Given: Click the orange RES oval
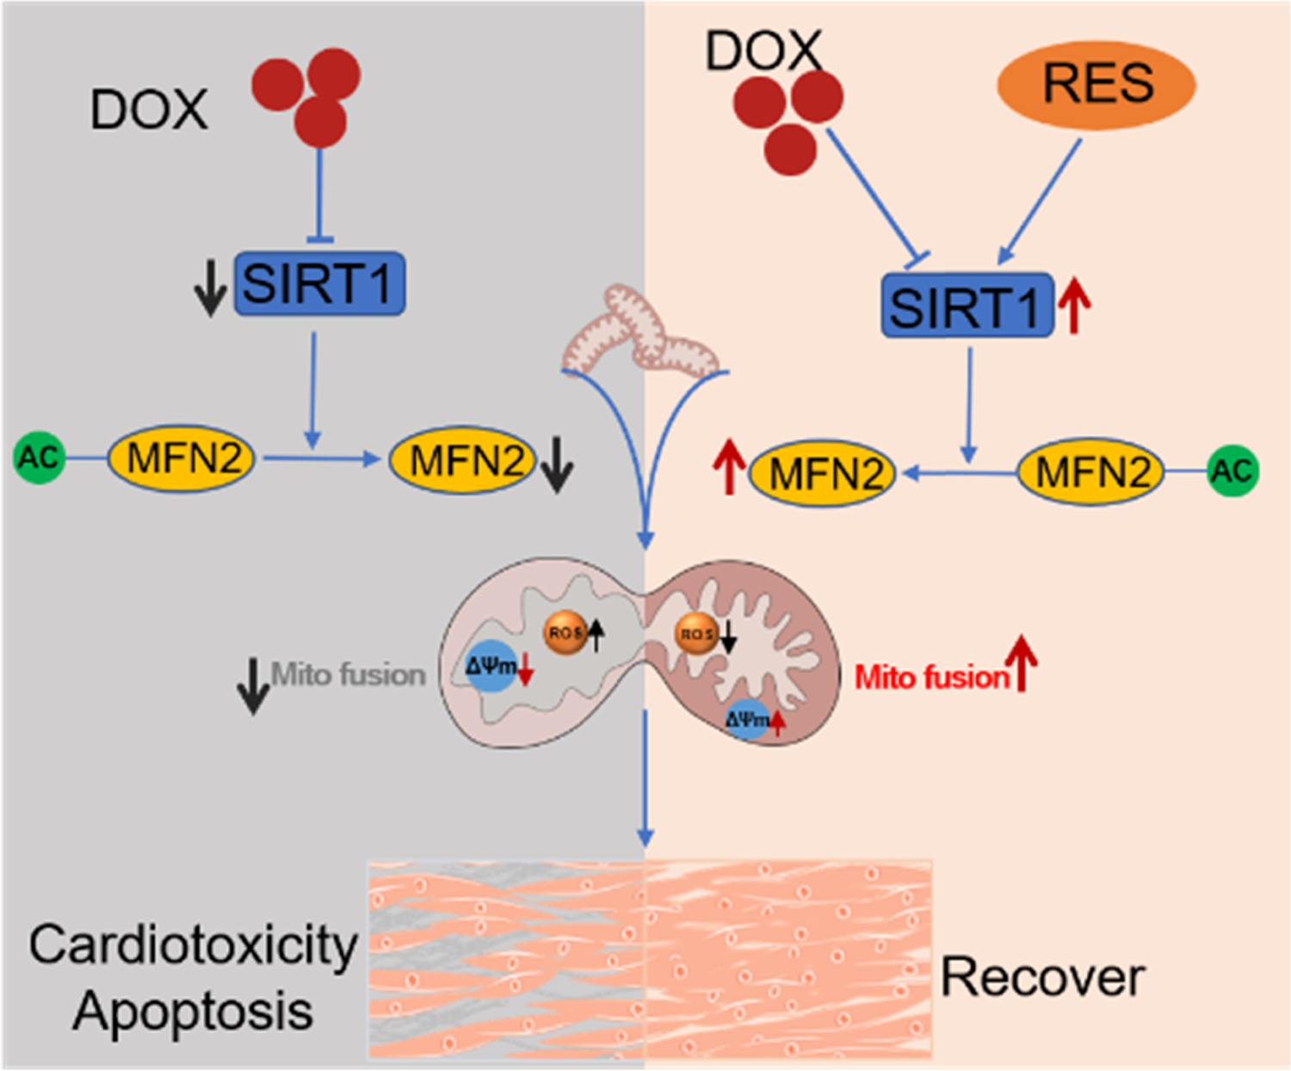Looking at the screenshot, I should click(x=1096, y=84).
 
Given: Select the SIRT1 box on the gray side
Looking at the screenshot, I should click(x=319, y=283).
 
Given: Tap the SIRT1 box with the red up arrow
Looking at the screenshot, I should click(x=967, y=306).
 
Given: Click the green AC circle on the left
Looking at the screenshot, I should click(x=40, y=458).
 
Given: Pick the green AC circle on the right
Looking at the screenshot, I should click(x=1232, y=471).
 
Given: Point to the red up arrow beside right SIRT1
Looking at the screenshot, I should click(x=1074, y=307).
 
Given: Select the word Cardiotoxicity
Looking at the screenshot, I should click(x=193, y=945).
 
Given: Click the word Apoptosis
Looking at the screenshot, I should click(x=193, y=1010).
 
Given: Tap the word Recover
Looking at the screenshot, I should click(x=1042, y=978).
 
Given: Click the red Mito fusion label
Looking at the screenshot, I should click(x=932, y=678).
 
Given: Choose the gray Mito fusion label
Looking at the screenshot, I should click(x=349, y=674).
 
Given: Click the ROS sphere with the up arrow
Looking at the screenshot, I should click(x=565, y=633).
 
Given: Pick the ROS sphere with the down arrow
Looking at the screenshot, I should click(x=695, y=635).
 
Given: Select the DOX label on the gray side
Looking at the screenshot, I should click(x=149, y=110).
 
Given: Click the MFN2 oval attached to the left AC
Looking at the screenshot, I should click(x=182, y=458).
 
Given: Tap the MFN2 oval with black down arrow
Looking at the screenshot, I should click(x=464, y=461).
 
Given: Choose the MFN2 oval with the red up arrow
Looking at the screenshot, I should click(x=823, y=474).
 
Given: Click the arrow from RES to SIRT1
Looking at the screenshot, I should click(x=1040, y=202).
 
